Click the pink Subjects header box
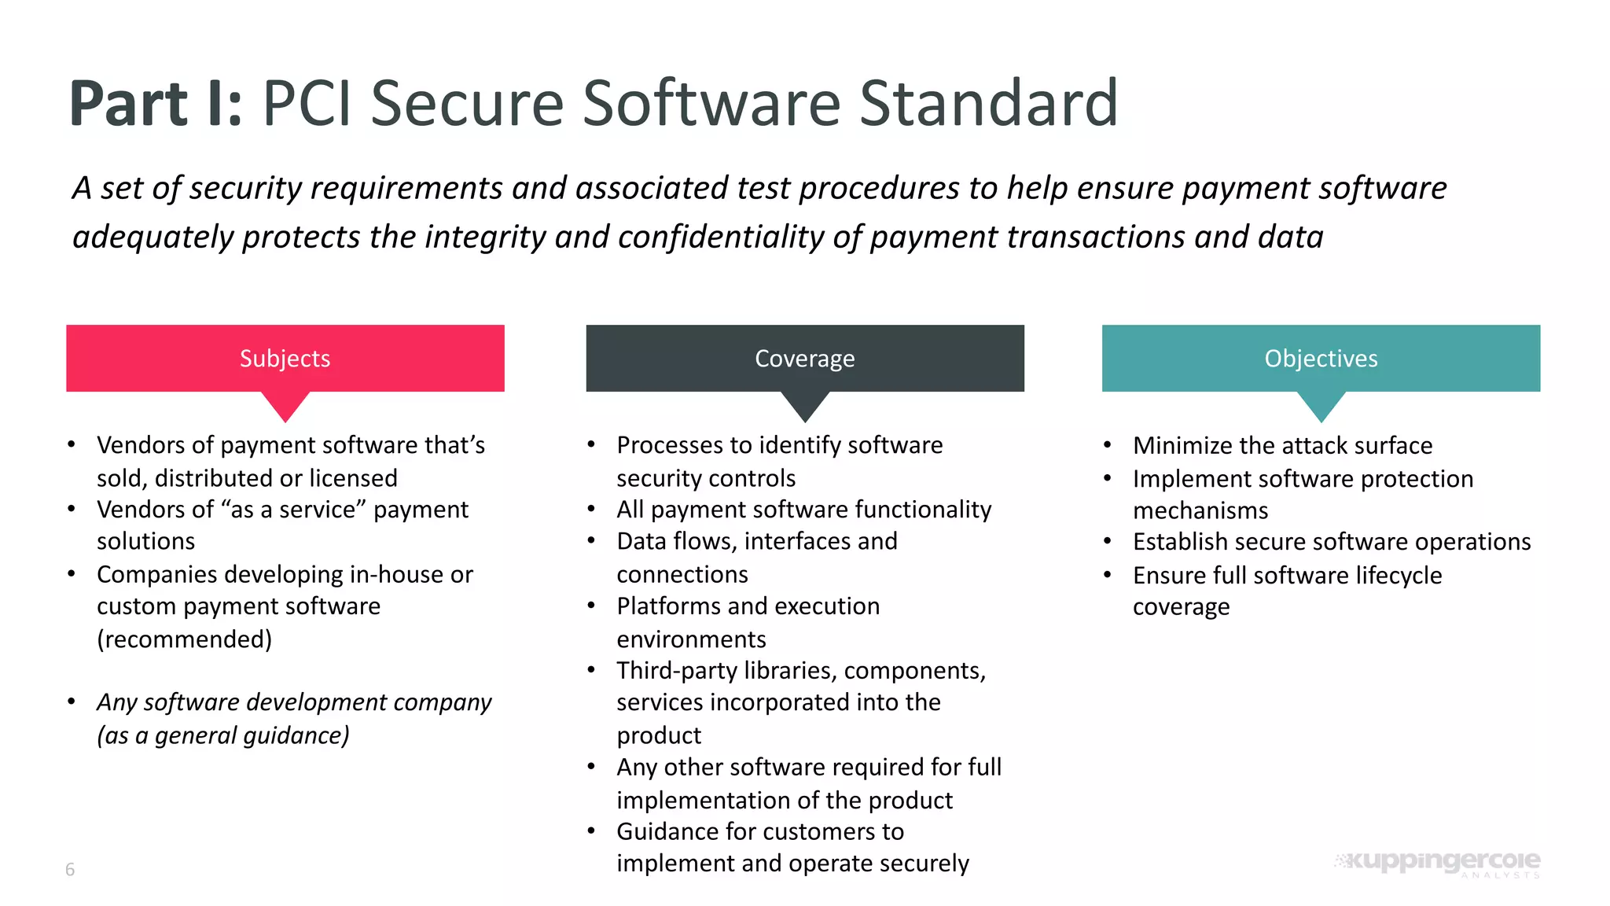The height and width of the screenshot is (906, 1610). [x=285, y=358]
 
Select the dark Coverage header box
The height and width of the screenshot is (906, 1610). [x=804, y=358]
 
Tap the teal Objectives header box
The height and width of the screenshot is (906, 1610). [x=1321, y=358]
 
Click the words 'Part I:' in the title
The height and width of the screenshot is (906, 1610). [x=156, y=104]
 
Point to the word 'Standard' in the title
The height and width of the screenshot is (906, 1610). [x=988, y=104]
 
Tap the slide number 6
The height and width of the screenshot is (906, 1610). [x=70, y=869]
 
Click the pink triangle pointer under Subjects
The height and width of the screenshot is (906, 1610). [x=285, y=405]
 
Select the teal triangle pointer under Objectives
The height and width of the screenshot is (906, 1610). [x=1321, y=405]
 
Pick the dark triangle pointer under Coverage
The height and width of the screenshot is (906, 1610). [x=804, y=405]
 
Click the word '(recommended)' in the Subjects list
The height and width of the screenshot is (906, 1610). [x=185, y=639]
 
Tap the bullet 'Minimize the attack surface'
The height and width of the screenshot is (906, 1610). [x=1282, y=446]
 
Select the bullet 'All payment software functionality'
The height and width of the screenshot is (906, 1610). [x=803, y=510]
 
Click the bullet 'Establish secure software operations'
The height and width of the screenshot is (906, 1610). [x=1332, y=542]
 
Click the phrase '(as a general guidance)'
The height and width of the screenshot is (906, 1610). [x=223, y=735]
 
